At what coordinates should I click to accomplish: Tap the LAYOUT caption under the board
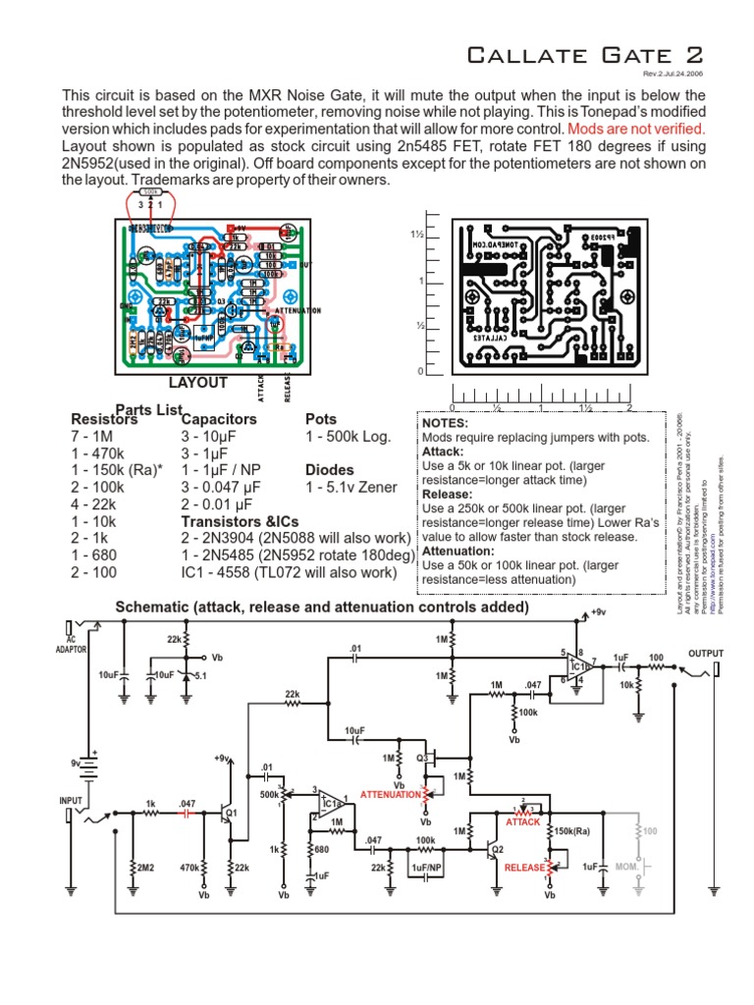pos(197,383)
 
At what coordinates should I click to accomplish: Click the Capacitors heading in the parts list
pos(219,419)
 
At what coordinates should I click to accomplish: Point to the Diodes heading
pos(330,470)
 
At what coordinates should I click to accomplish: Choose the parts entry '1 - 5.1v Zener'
pos(351,487)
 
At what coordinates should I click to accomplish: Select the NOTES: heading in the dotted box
pos(447,422)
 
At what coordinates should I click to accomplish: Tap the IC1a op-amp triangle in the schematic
pos(328,806)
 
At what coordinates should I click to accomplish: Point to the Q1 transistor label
pos(233,814)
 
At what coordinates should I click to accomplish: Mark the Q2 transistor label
pos(498,848)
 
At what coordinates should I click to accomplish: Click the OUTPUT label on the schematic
pos(705,653)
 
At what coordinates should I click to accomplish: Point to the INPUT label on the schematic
pos(72,801)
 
